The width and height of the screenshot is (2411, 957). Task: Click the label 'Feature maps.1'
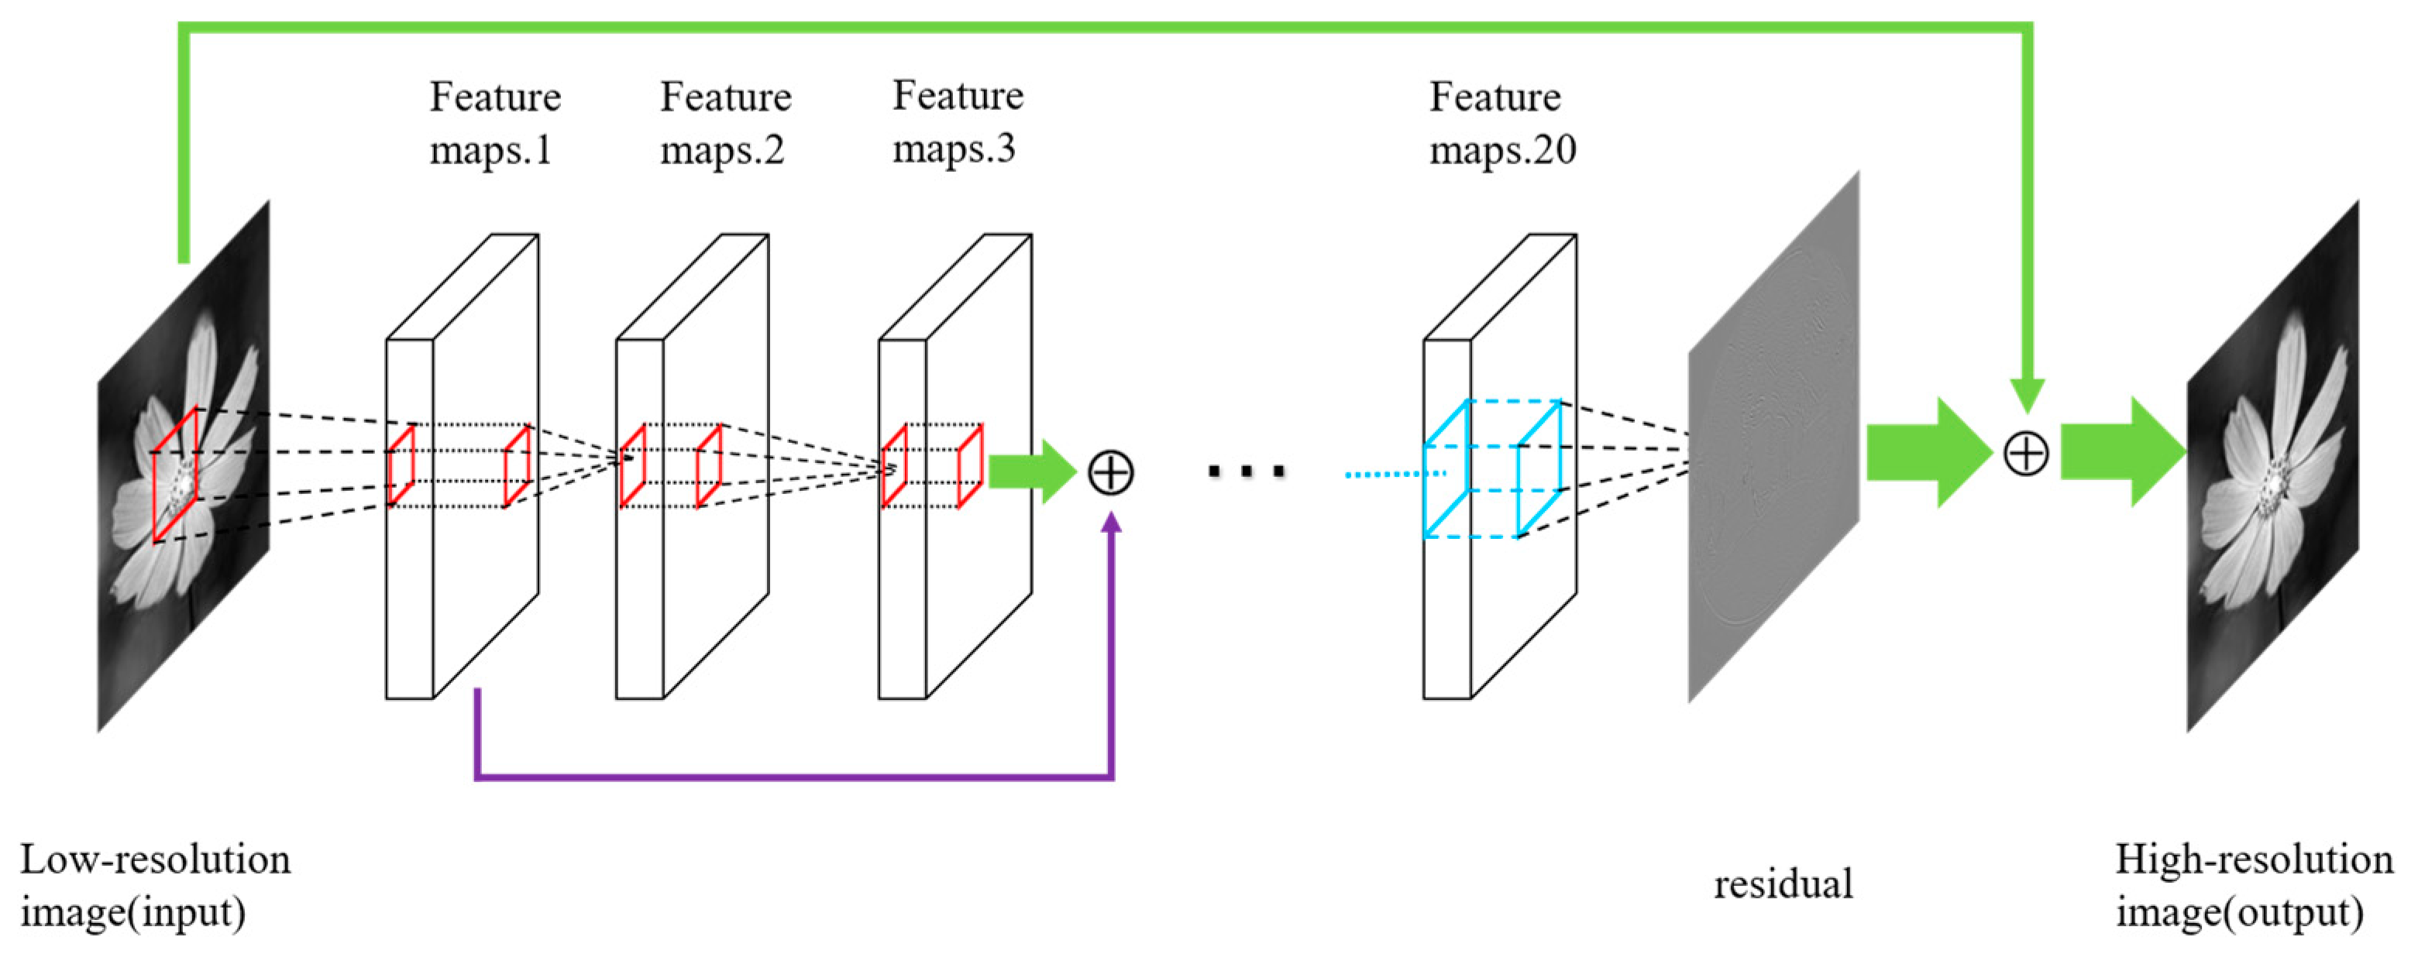click(494, 123)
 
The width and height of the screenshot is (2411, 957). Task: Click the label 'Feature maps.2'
click(725, 123)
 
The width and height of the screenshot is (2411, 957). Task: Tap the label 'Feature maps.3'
click(958, 122)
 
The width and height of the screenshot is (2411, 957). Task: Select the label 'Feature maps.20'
click(1501, 123)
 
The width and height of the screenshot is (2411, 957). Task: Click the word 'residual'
click(1782, 884)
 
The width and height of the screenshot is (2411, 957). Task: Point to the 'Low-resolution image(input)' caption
click(154, 885)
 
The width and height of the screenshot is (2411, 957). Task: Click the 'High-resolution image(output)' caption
click(2254, 885)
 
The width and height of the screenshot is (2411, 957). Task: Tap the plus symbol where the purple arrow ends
click(1110, 472)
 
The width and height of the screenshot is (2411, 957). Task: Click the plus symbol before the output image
click(2025, 454)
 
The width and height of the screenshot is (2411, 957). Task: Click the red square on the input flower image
click(175, 475)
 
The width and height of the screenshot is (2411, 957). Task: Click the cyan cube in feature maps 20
click(1492, 468)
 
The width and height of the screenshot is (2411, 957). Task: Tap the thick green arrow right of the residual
click(1926, 453)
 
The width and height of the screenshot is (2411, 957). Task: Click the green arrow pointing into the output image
click(2120, 453)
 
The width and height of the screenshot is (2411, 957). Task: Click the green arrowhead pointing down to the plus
click(2026, 395)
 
